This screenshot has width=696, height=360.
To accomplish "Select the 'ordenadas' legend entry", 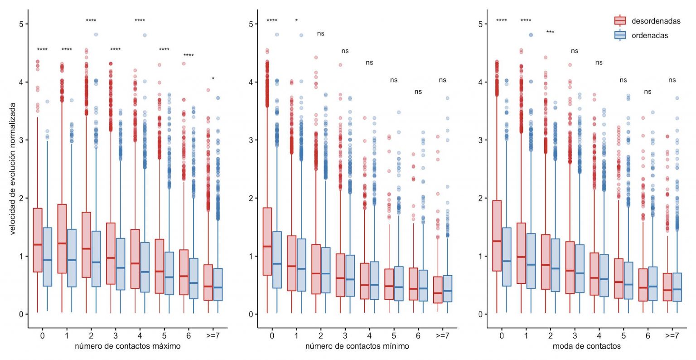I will (x=649, y=35).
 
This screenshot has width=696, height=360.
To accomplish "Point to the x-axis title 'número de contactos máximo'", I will (x=127, y=346).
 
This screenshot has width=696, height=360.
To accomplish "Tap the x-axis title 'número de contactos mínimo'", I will (x=357, y=346).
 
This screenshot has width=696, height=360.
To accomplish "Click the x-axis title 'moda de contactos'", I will (x=586, y=346).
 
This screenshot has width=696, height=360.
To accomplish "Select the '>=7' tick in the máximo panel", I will (x=213, y=336).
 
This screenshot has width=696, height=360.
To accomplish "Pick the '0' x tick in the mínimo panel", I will (x=272, y=336).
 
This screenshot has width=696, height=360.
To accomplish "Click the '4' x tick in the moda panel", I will (x=599, y=336).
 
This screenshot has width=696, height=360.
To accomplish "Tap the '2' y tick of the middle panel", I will (x=251, y=198).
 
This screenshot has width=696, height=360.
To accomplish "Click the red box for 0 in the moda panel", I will (x=497, y=236).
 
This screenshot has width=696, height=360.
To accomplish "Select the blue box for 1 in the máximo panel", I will (x=72, y=258).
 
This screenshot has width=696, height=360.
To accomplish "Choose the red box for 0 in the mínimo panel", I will (x=267, y=241).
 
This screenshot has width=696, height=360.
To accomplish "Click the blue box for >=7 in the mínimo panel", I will (x=447, y=288).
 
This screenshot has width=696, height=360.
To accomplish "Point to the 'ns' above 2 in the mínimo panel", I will (x=321, y=34).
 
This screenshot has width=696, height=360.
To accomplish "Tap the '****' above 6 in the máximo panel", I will (x=188, y=56).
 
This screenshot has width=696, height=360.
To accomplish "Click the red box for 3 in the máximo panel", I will (x=111, y=253).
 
